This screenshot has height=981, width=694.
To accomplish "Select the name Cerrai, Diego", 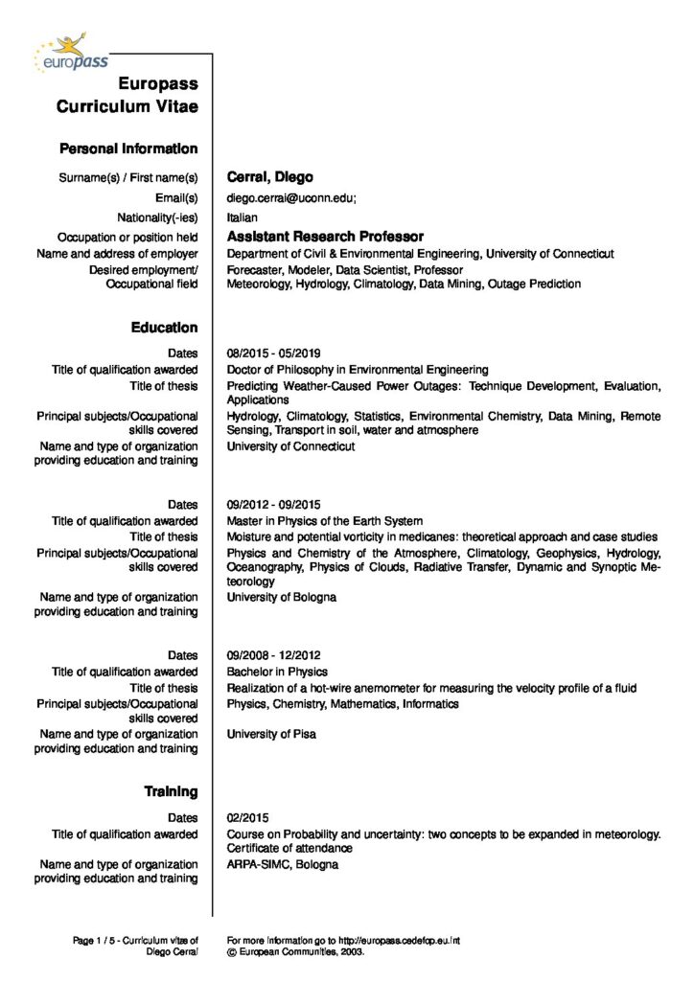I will point(269,177).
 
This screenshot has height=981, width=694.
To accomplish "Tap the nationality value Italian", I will point(242,217).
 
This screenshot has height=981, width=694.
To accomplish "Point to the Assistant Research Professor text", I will point(325,236).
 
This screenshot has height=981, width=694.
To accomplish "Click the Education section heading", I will point(164,328).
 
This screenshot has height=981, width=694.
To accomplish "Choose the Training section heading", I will point(171,791).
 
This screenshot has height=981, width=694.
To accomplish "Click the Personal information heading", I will point(128,148).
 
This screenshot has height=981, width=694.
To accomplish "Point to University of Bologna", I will point(281,597).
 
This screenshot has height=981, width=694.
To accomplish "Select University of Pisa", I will point(271,734).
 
